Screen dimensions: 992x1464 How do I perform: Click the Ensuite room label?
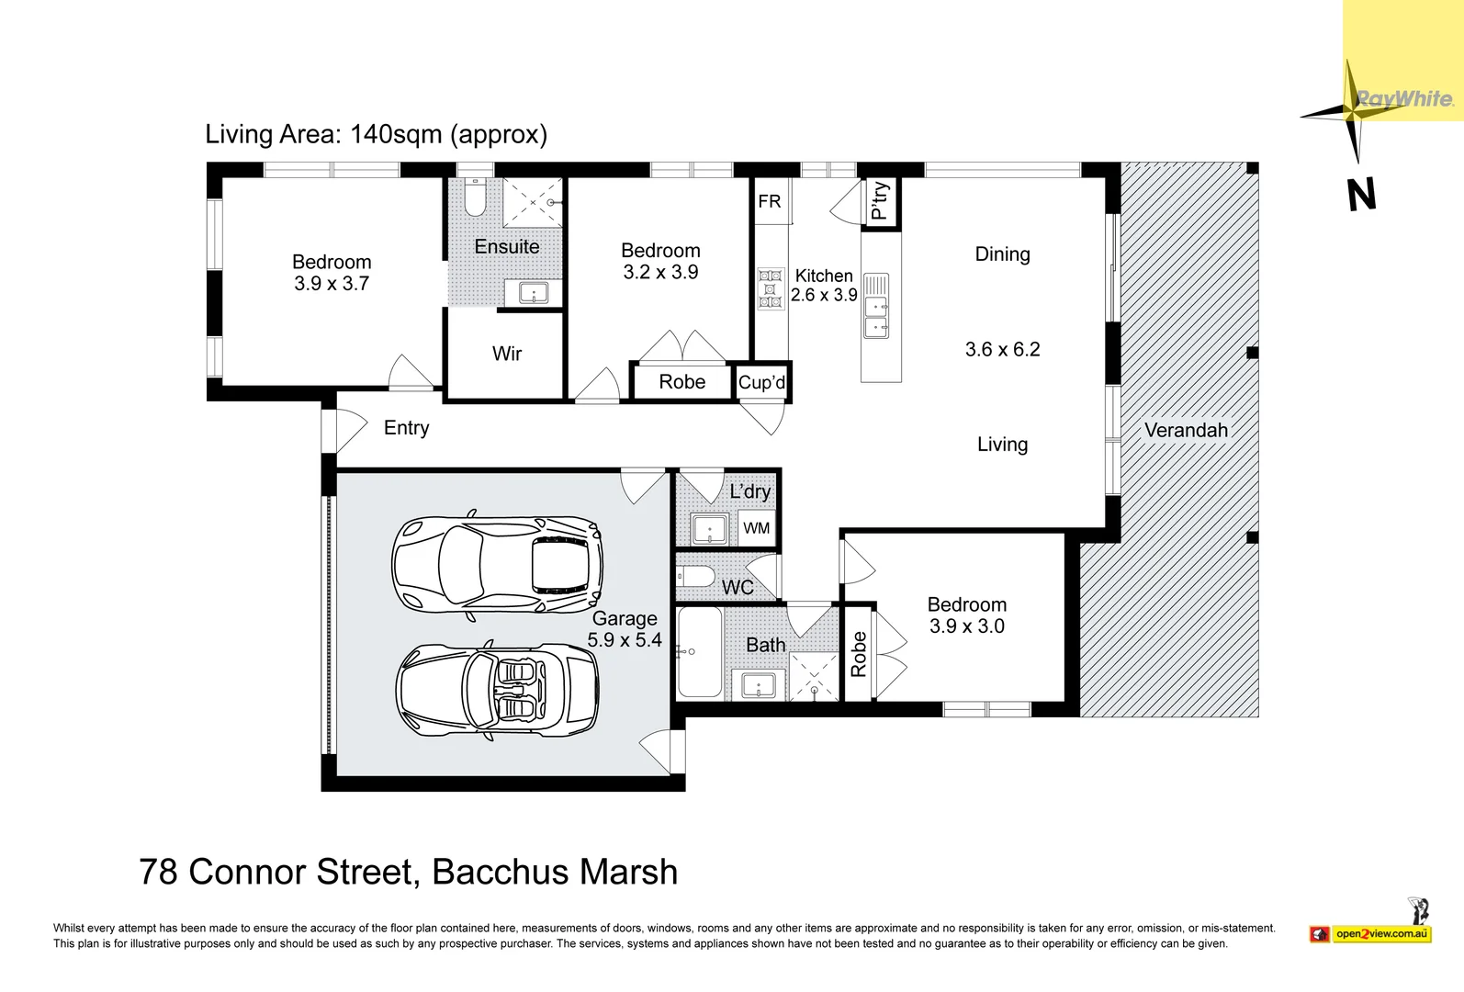click(507, 247)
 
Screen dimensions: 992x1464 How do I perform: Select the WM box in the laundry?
click(757, 528)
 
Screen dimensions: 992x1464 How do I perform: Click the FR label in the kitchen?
click(770, 201)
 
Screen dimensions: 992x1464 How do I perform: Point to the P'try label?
click(880, 201)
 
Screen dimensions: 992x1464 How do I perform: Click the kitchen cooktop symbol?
click(771, 288)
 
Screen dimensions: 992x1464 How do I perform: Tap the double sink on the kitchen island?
click(876, 317)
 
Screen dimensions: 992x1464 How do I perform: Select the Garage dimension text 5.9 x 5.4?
click(625, 640)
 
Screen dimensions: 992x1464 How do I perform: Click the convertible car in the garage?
click(497, 691)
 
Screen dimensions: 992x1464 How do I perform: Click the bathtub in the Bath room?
click(699, 653)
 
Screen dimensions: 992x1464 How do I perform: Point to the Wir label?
click(507, 354)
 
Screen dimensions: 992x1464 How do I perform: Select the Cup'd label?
click(761, 383)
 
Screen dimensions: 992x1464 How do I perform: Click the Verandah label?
click(1186, 431)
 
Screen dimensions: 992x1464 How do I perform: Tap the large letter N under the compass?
click(1361, 196)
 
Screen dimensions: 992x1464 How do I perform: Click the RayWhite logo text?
click(1404, 99)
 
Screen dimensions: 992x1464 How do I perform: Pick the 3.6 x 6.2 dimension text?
click(1002, 350)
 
